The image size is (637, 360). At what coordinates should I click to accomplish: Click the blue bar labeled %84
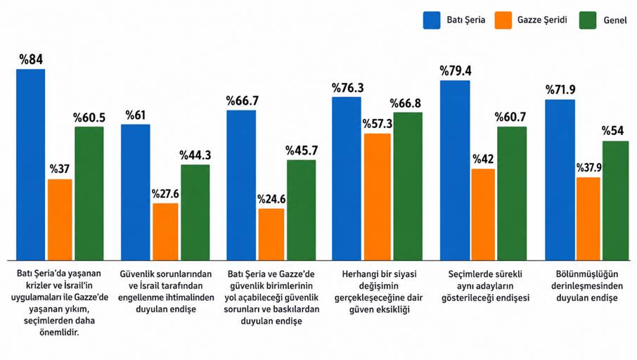pyautogui.click(x=30, y=165)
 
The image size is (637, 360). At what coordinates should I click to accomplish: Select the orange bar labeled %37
pyautogui.click(x=60, y=219)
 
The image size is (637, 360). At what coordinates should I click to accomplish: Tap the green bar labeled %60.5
pyautogui.click(x=89, y=193)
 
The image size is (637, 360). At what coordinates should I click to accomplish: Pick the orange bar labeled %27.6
pyautogui.click(x=165, y=231)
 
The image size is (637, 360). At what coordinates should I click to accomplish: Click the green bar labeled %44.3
pyautogui.click(x=195, y=212)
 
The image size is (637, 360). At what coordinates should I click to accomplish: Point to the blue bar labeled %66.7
pyautogui.click(x=241, y=185)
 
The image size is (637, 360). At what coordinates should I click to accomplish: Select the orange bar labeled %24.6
pyautogui.click(x=271, y=234)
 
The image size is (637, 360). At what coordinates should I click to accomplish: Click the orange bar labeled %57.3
pyautogui.click(x=378, y=197)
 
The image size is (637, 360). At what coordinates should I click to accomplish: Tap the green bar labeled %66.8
pyautogui.click(x=408, y=186)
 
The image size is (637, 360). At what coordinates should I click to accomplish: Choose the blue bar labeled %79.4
pyautogui.click(x=455, y=170)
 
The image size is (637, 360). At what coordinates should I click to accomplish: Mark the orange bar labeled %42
pyautogui.click(x=484, y=214)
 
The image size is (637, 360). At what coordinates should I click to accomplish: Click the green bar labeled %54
pyautogui.click(x=615, y=200)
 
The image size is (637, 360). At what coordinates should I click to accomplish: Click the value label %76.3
pyautogui.click(x=348, y=88)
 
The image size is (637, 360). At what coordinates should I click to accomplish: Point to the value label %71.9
pyautogui.click(x=560, y=90)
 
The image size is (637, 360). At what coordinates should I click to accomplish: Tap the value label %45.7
pyautogui.click(x=302, y=150)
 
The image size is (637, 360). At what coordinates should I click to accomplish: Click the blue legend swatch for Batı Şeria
pyautogui.click(x=432, y=20)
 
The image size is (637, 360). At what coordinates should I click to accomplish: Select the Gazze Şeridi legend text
pyautogui.click(x=542, y=20)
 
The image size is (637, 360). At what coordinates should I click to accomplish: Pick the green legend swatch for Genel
pyautogui.click(x=588, y=20)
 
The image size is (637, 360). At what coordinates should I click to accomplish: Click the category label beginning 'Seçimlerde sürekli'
pyautogui.click(x=485, y=286)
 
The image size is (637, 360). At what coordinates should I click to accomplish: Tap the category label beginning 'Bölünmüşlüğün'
pyautogui.click(x=587, y=286)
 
